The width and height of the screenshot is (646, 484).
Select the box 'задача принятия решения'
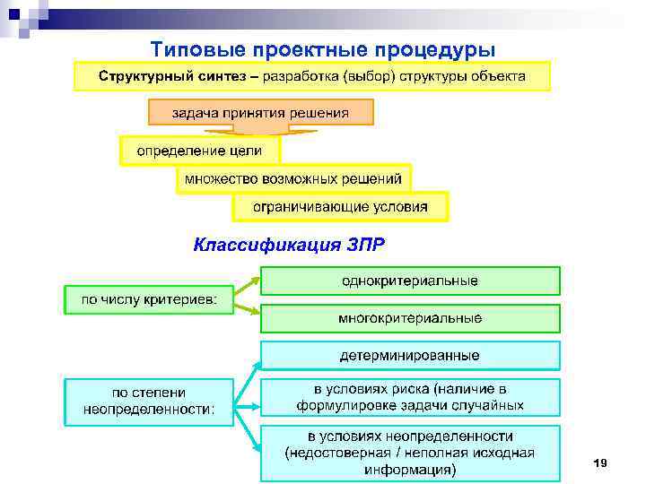pos(260,112)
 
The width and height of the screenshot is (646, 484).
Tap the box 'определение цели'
pos(199,150)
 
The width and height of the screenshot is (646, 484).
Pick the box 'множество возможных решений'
pos(294,178)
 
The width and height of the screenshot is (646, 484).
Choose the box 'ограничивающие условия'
pos(340,207)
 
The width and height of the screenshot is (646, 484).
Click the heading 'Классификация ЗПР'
pos(292,244)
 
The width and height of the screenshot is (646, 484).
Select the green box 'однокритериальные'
pos(410,281)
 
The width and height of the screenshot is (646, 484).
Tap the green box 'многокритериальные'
pos(410,318)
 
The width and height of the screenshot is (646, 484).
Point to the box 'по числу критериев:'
pos(148,299)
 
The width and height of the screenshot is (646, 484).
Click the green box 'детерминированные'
pos(410,355)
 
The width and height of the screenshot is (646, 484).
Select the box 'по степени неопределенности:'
pos(148,402)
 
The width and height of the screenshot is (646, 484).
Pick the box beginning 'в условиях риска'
pos(410,397)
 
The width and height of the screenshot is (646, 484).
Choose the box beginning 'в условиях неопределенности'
pos(410,453)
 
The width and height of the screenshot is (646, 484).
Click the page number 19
pos(600,462)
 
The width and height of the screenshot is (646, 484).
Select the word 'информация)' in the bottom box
pos(410,469)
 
